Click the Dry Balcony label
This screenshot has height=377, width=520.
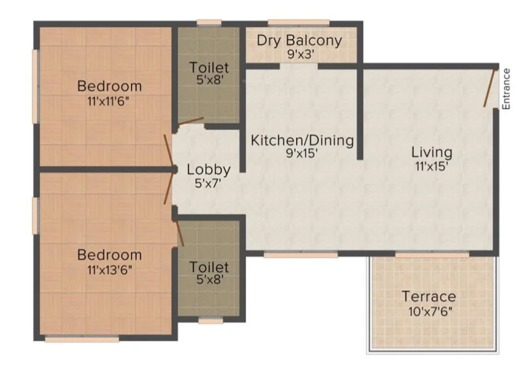pos(299,40)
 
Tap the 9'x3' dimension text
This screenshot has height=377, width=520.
pos(300,54)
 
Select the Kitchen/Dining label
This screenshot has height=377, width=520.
pos(302,140)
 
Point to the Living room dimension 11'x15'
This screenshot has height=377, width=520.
pos(432,166)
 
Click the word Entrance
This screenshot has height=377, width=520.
pos(506,89)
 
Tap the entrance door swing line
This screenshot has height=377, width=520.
pos(490,88)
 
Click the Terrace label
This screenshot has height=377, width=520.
pos(429,296)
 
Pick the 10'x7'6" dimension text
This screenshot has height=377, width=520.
pos(430,311)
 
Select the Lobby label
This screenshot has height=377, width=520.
pos(209,170)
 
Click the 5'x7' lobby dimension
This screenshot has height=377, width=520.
pos(208,183)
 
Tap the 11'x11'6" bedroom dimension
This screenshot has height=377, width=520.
pos(108,101)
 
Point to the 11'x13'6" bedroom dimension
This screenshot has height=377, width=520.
pos(110,270)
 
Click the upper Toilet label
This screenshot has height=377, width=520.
pos(209,68)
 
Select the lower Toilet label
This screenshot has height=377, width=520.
pos(209,267)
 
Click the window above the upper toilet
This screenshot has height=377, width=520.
pos(209,23)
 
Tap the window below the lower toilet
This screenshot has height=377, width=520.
pos(210,320)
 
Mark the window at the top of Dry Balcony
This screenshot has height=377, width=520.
pos(299,23)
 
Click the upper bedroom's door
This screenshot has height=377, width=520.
pos(169,151)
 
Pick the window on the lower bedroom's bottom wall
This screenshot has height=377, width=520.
pos(82,339)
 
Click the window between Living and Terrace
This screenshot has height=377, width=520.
pos(432,255)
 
